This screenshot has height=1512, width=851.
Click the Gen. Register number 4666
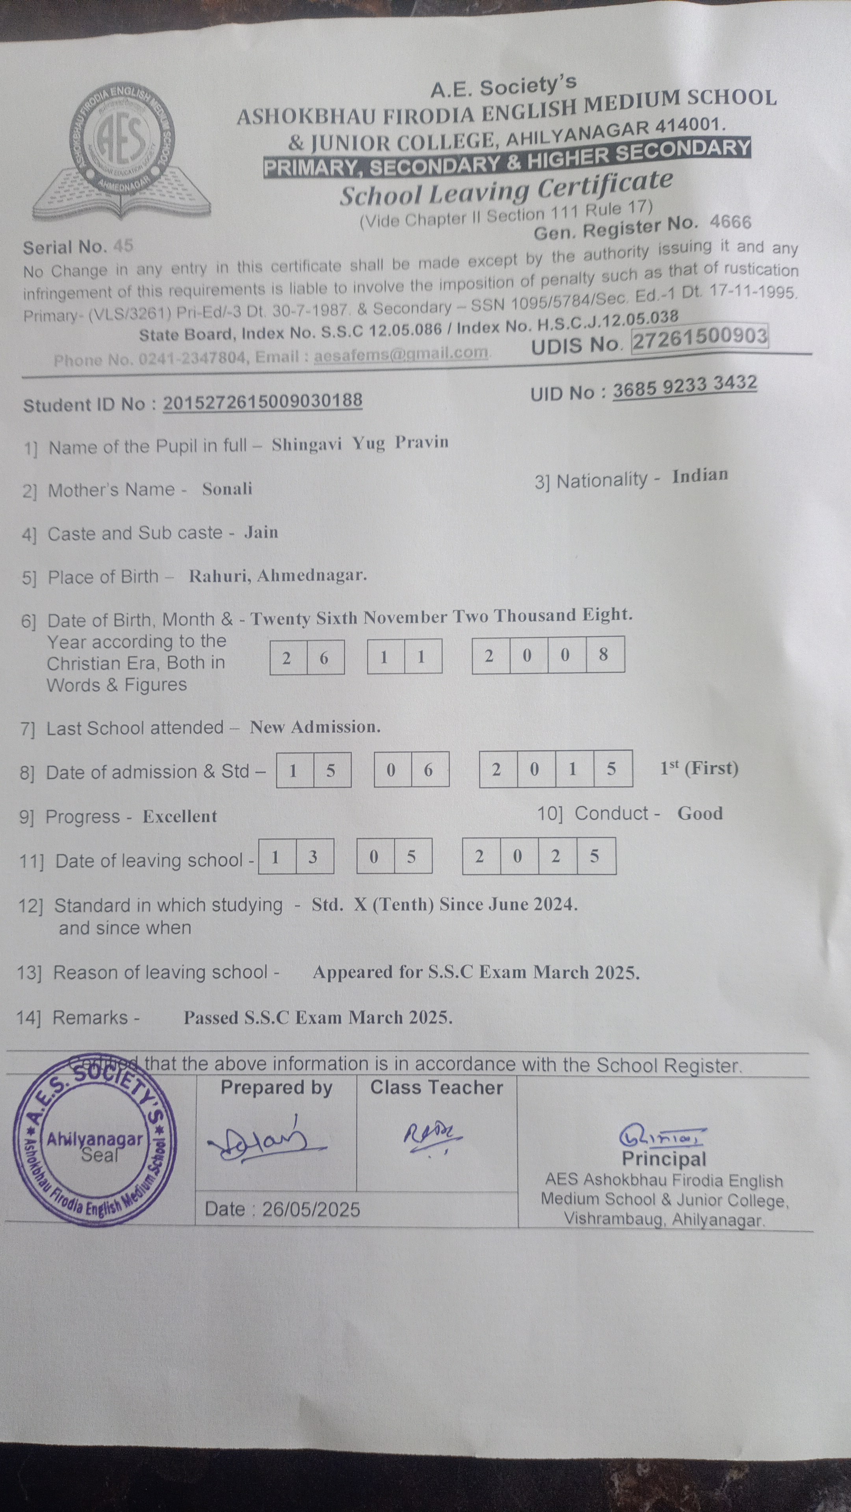coord(730,222)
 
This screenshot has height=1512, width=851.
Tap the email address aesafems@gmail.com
coord(401,354)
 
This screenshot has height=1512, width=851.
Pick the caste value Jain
coord(261,532)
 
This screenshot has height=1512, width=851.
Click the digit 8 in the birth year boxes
coord(604,654)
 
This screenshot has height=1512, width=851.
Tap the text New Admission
coord(315,727)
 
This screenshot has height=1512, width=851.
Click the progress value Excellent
coord(180,817)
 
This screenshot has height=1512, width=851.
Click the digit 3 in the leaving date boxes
coord(313,857)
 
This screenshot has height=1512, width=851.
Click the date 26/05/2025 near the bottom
coord(311,1209)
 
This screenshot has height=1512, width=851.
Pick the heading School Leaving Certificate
coord(505,189)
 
